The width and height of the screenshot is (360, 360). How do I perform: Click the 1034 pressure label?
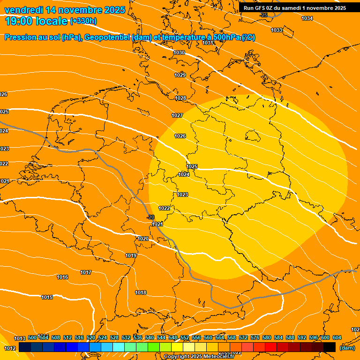307,18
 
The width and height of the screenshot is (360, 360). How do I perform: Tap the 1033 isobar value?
277,30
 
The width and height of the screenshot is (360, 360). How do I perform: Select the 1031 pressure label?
208,43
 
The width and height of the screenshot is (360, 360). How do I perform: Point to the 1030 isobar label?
179,53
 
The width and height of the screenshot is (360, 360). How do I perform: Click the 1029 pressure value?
180,75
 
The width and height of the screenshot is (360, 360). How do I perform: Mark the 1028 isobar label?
180,98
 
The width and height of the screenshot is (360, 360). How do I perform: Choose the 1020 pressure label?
143,239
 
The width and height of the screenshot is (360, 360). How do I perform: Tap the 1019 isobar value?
131,255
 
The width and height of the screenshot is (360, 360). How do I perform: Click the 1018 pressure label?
141,292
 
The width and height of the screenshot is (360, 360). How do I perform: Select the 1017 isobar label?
86,272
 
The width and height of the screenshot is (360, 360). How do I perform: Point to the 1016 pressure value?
62,277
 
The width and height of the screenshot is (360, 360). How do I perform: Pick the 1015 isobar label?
47,297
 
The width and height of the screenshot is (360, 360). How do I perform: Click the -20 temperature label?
150,217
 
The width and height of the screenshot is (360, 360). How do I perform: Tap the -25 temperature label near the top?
263,15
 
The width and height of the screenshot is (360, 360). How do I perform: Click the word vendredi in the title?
24,10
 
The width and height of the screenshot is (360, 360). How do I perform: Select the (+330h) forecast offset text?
83,21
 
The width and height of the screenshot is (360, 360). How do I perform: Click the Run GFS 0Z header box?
295,8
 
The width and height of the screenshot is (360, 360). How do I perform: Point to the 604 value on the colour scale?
337,337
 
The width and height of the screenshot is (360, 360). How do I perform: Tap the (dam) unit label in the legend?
347,348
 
